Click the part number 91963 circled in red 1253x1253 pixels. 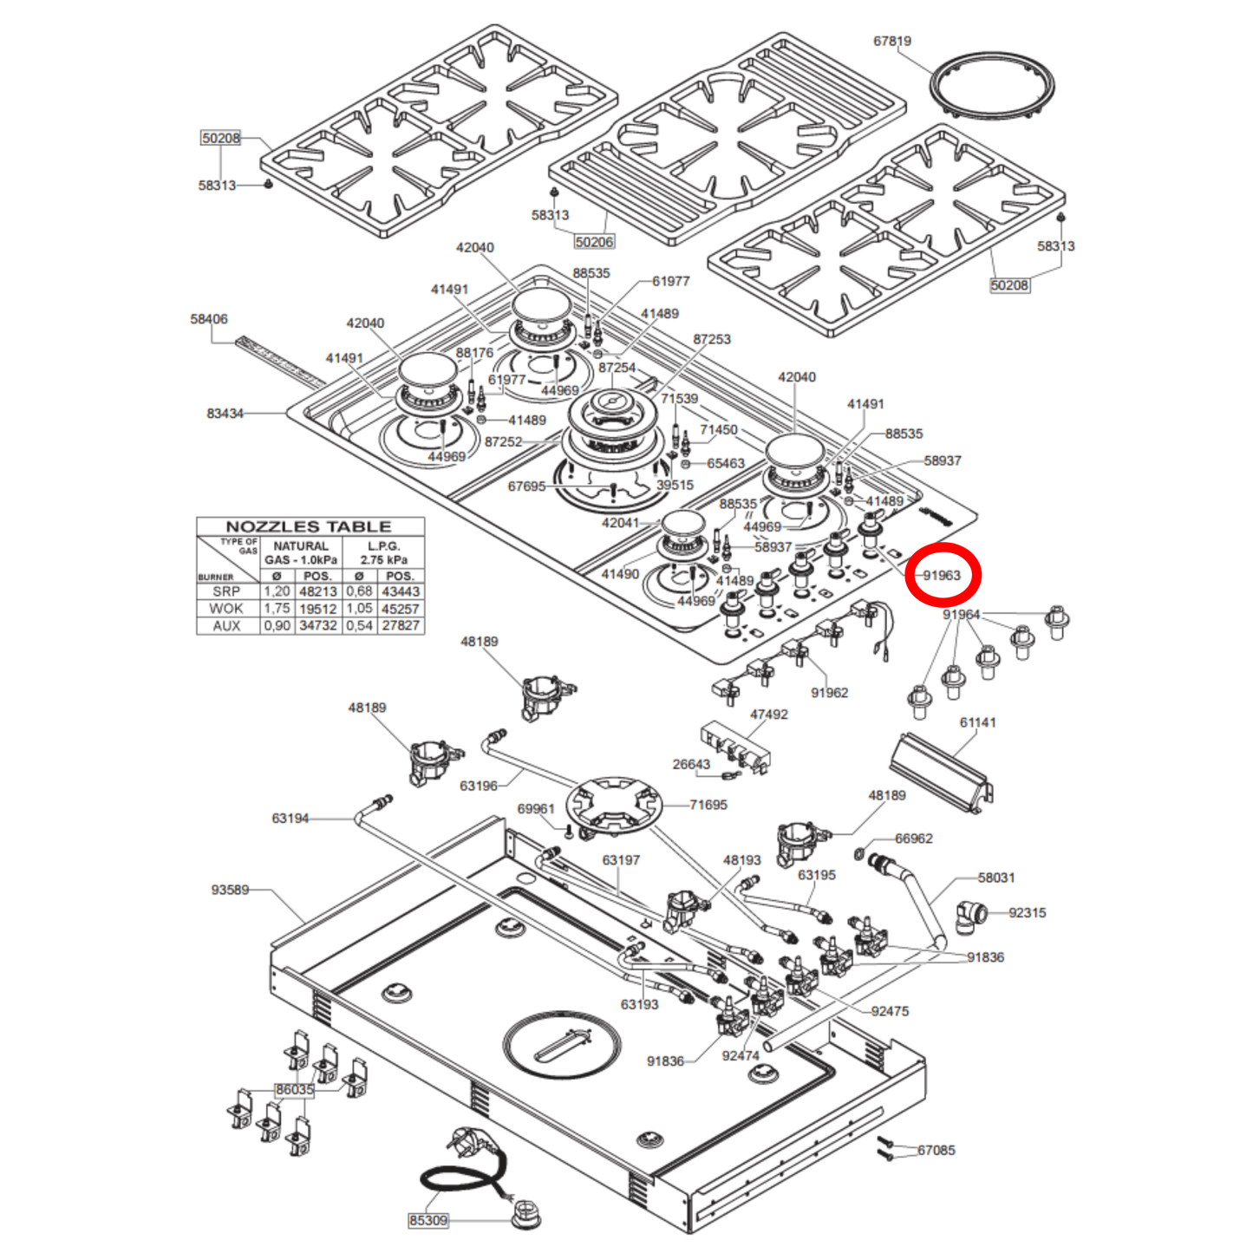coord(942,575)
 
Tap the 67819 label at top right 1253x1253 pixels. coord(891,41)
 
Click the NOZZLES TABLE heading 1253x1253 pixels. coord(308,526)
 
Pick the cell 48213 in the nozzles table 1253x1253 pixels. coord(317,591)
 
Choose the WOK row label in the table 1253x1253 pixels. coord(226,609)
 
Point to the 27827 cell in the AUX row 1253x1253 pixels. coord(401,625)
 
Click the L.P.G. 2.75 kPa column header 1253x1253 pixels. coord(383,552)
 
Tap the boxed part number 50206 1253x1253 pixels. coord(594,242)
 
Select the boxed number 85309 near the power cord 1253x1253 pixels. coord(428,1220)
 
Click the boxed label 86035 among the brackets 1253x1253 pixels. coord(295,1089)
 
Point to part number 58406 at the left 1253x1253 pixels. coord(209,319)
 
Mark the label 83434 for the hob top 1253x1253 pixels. coord(225,414)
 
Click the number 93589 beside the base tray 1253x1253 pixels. coord(230,890)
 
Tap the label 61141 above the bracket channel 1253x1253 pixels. coord(977,722)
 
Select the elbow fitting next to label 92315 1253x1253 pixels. coord(970,915)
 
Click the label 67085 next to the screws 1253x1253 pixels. coord(936,1150)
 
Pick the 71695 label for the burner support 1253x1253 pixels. coord(708,805)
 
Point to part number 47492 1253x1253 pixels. coord(769,715)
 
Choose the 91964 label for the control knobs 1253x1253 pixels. coord(962,615)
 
